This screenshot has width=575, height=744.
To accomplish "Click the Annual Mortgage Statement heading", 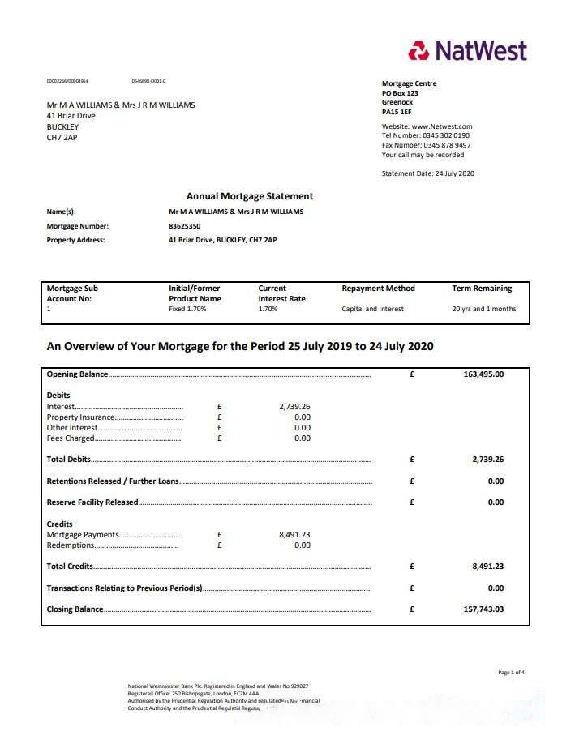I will (x=249, y=196).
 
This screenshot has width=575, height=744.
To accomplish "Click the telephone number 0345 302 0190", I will (x=446, y=135).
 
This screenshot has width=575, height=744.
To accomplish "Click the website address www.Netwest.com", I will (x=442, y=126).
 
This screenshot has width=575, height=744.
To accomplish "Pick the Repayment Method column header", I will (x=378, y=288).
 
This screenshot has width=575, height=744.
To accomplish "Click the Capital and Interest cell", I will (x=372, y=309).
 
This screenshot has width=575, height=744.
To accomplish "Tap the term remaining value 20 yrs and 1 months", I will (x=483, y=309).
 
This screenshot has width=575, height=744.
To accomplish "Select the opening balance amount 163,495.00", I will (x=483, y=374).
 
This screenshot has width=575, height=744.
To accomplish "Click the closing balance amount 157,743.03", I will (x=483, y=609).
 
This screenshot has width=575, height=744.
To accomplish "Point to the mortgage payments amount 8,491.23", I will (x=294, y=534).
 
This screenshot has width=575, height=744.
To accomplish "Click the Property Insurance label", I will (x=81, y=417).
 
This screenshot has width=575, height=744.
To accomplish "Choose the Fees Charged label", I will (x=71, y=438).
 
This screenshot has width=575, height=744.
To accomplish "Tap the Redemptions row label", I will (x=71, y=545).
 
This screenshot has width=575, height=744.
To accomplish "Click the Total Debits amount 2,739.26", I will (x=487, y=460).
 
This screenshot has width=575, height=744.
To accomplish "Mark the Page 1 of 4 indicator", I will (x=511, y=673).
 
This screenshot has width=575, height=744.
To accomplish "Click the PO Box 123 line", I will (x=400, y=93).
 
